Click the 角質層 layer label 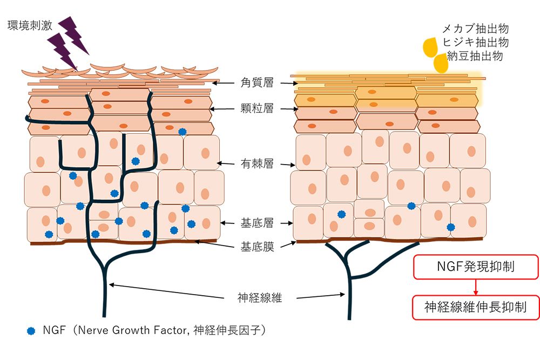click(258, 83)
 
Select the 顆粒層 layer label click(258, 109)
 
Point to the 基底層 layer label click(258, 222)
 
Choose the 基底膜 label click(258, 247)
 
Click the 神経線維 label click(260, 297)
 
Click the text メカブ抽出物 click(475, 29)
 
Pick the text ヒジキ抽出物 click(475, 42)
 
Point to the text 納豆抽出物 click(475, 56)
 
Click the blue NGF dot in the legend click(31, 330)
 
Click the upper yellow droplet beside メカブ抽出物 click(430, 46)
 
